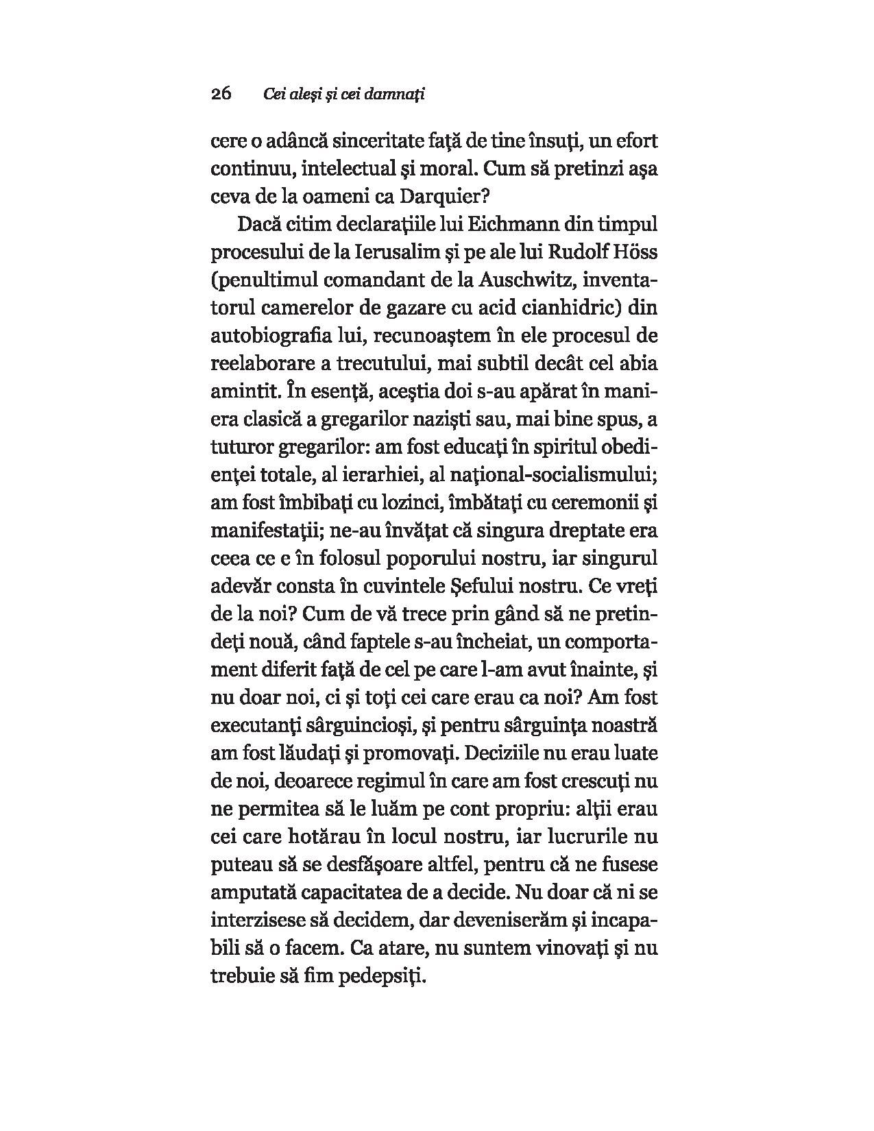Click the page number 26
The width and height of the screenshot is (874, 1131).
tap(221, 94)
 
